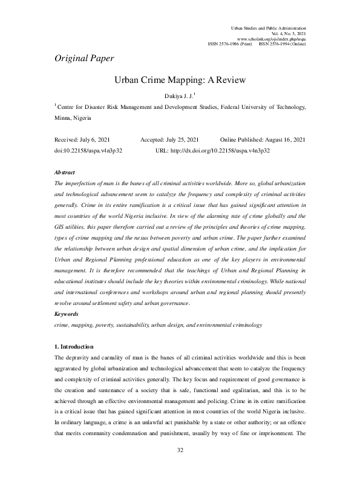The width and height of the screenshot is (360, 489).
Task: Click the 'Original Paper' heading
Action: [84, 59]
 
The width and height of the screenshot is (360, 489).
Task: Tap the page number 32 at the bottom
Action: [180, 467]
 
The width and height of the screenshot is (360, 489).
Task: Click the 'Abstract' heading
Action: [65, 172]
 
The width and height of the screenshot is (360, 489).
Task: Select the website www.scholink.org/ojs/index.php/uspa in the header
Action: [274, 39]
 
